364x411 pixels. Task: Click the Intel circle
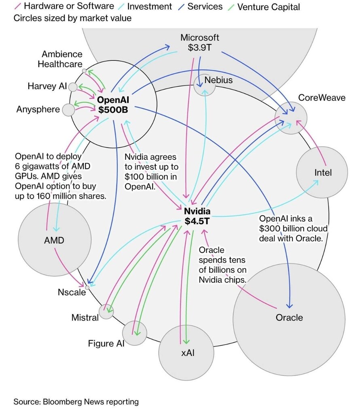pyautogui.click(x=322, y=172)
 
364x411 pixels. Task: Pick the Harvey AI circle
pyautogui.click(x=73, y=87)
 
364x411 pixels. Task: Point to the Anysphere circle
pyautogui.click(x=68, y=109)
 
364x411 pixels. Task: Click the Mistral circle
pyautogui.click(x=106, y=311)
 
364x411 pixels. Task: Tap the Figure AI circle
pyautogui.click(x=134, y=332)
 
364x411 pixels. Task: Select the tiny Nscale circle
pyautogui.click(x=87, y=287)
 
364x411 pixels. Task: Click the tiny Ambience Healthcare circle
pyautogui.click(x=84, y=71)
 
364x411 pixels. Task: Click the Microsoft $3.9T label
pyautogui.click(x=199, y=43)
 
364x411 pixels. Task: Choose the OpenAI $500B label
pyautogui.click(x=113, y=104)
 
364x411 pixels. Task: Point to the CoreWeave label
pyautogui.click(x=322, y=98)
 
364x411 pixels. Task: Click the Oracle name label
pyautogui.click(x=289, y=317)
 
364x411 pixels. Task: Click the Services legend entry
pyautogui.click(x=205, y=6)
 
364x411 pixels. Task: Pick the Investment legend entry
pyautogui.click(x=149, y=7)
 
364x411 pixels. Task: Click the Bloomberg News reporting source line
pyautogui.click(x=76, y=402)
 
